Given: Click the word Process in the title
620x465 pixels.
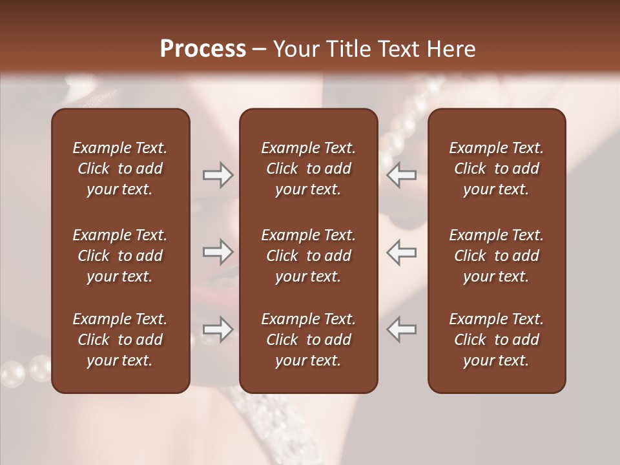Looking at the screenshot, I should [x=203, y=49].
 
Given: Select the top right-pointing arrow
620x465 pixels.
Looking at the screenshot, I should [x=218, y=175].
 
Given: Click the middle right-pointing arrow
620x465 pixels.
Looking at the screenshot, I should [x=218, y=252].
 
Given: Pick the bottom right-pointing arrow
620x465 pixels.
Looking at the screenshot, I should [x=218, y=329].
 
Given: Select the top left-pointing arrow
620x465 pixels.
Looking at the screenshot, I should [x=401, y=175].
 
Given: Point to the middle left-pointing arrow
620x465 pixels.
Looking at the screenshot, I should [x=401, y=252].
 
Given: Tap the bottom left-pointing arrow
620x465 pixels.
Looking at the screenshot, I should [x=401, y=329].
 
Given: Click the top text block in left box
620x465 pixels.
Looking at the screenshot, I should [x=120, y=169].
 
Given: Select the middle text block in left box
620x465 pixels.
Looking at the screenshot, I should [x=120, y=256].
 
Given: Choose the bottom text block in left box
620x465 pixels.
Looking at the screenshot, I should [x=120, y=340].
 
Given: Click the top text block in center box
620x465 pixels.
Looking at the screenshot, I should [x=308, y=169].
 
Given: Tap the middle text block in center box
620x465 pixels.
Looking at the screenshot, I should [x=308, y=256].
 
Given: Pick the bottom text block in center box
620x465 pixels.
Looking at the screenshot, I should [x=308, y=340].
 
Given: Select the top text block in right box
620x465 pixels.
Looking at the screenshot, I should [x=496, y=169].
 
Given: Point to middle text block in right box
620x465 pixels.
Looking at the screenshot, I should [x=496, y=256].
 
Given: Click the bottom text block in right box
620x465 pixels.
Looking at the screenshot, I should [x=496, y=340].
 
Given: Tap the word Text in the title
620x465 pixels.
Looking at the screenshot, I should [x=397, y=49].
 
